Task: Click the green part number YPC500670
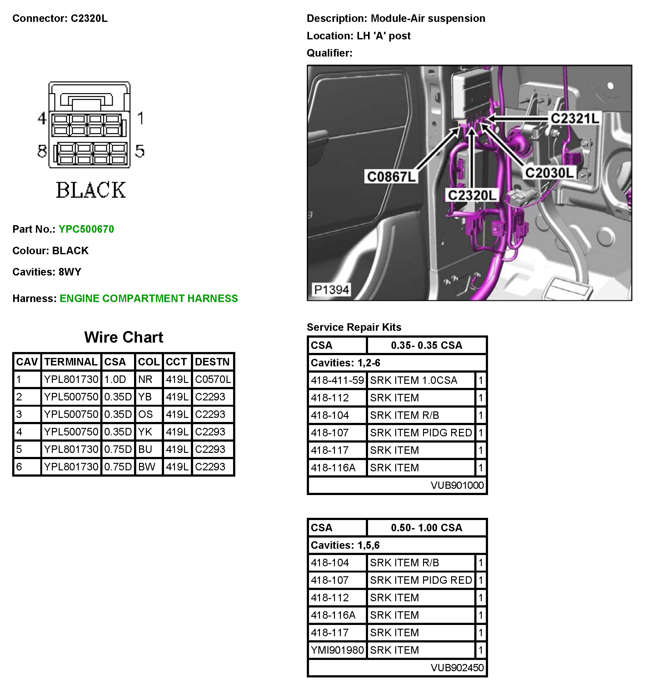pyautogui.click(x=86, y=229)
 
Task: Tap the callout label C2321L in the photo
pyautogui.click(x=575, y=119)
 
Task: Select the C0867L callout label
pyautogui.click(x=391, y=177)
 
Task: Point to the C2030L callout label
pyautogui.click(x=549, y=173)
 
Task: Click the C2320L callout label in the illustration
pyautogui.click(x=472, y=195)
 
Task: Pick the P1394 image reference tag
pyautogui.click(x=331, y=290)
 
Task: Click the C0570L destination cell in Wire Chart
pyautogui.click(x=212, y=379)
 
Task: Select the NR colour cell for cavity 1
pyautogui.click(x=145, y=379)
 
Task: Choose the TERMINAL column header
pyautogui.click(x=71, y=362)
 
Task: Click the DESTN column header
pyautogui.click(x=212, y=362)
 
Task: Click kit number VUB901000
pyautogui.click(x=457, y=485)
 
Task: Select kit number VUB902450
pyautogui.click(x=457, y=667)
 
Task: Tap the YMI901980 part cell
pyautogui.click(x=337, y=650)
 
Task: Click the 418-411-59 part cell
pyautogui.click(x=337, y=380)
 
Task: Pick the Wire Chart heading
pyautogui.click(x=123, y=337)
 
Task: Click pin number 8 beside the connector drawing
pyautogui.click(x=42, y=151)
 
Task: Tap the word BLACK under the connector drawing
pyautogui.click(x=91, y=190)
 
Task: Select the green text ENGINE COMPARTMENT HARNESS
pyautogui.click(x=149, y=298)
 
